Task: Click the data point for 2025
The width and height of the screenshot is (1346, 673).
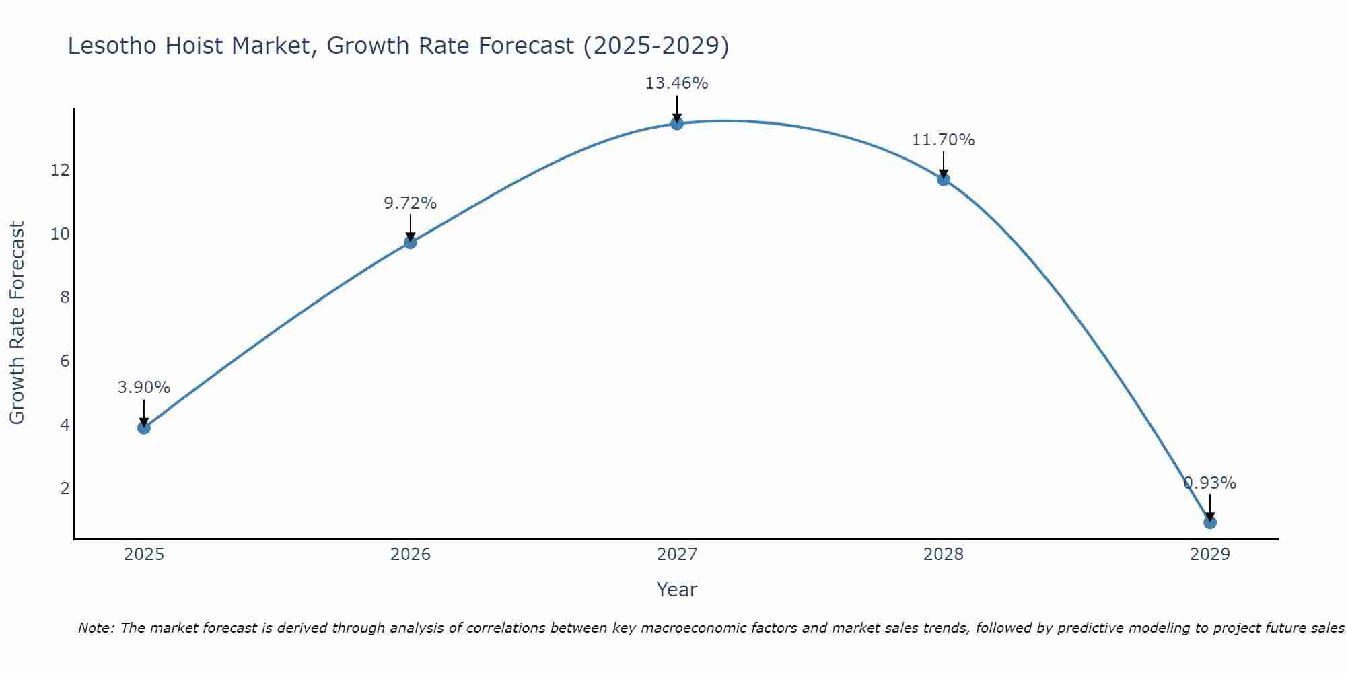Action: tap(144, 427)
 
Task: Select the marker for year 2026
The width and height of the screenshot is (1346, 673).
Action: tap(411, 242)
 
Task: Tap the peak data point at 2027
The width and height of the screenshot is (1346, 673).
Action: tap(677, 123)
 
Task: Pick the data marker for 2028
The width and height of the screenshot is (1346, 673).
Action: tap(944, 179)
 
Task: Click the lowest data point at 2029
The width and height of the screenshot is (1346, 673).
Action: tap(1210, 522)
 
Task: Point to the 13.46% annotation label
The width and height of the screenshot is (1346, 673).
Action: tap(676, 83)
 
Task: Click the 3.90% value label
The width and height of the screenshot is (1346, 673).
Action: tap(144, 388)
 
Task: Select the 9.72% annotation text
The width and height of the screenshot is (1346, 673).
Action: tap(411, 203)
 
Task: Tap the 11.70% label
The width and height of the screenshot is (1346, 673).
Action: tap(943, 140)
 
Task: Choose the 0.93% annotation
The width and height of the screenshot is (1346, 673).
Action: tap(1210, 483)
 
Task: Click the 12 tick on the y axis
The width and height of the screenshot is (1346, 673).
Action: tap(60, 170)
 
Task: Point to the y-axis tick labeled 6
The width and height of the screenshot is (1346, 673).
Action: tap(65, 361)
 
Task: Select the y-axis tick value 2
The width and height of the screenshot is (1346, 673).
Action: tap(65, 489)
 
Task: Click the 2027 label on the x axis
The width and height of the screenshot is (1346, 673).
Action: tap(677, 555)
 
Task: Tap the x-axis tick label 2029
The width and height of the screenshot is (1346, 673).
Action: tap(1210, 555)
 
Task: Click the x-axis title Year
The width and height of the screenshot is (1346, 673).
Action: tap(676, 590)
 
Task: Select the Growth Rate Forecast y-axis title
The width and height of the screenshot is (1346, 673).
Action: tap(17, 323)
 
